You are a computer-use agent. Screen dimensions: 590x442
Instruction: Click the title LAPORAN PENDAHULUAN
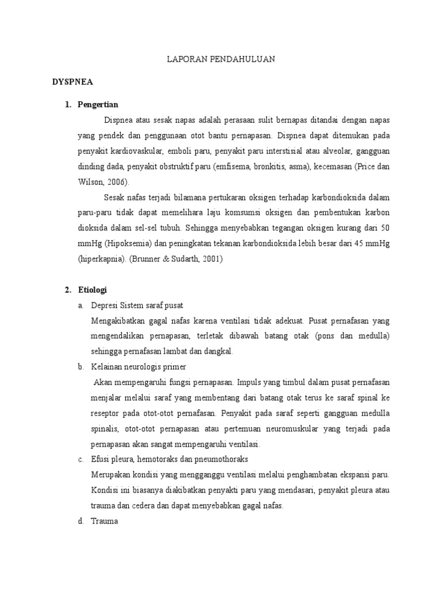click(220, 59)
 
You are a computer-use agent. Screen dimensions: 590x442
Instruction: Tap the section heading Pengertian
click(98, 104)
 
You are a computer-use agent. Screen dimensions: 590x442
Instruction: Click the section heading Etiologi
click(93, 289)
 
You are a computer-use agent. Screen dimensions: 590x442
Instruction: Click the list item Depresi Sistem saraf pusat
click(137, 305)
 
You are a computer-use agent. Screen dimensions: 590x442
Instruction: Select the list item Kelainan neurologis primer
click(139, 366)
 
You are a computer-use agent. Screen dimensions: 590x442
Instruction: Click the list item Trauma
click(104, 521)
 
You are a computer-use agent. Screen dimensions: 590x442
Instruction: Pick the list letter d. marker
click(81, 521)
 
